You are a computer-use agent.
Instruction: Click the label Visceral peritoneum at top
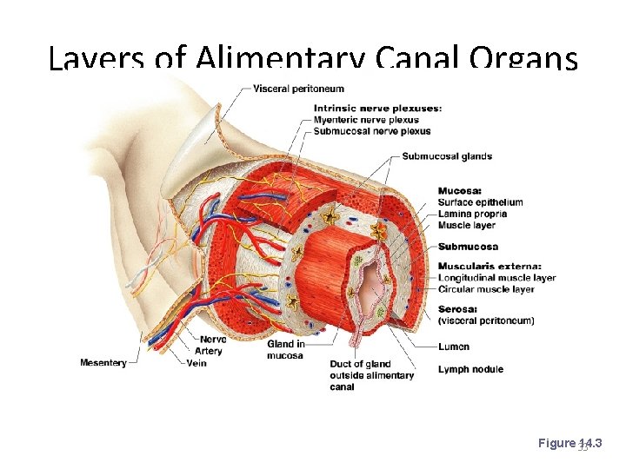298,89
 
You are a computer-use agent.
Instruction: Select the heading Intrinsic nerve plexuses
377,108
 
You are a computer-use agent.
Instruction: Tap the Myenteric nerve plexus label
366,120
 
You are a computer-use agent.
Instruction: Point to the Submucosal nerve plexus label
372,131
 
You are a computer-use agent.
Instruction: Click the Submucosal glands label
447,156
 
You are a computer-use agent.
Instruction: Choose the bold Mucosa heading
460,191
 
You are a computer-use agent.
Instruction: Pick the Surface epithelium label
480,202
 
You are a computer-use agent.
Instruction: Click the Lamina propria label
472,214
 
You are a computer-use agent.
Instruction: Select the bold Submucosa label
468,247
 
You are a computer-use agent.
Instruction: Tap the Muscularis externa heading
489,266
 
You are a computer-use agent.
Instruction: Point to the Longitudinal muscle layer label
496,278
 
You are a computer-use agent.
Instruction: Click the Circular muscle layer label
486,289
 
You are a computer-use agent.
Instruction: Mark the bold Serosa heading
457,308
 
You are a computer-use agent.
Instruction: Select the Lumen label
454,347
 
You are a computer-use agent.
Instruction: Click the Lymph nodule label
470,369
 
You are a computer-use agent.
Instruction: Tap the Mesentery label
103,362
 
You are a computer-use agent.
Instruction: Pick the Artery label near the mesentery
209,351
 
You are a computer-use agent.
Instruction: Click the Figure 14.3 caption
569,444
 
